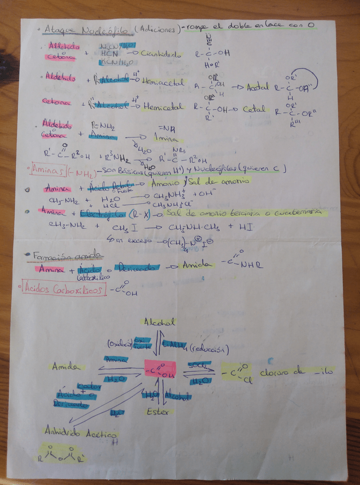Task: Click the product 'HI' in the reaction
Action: click(250, 226)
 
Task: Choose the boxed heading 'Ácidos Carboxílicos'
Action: click(64, 289)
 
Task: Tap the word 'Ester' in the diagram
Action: click(157, 411)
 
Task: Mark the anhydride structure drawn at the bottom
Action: click(63, 455)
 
